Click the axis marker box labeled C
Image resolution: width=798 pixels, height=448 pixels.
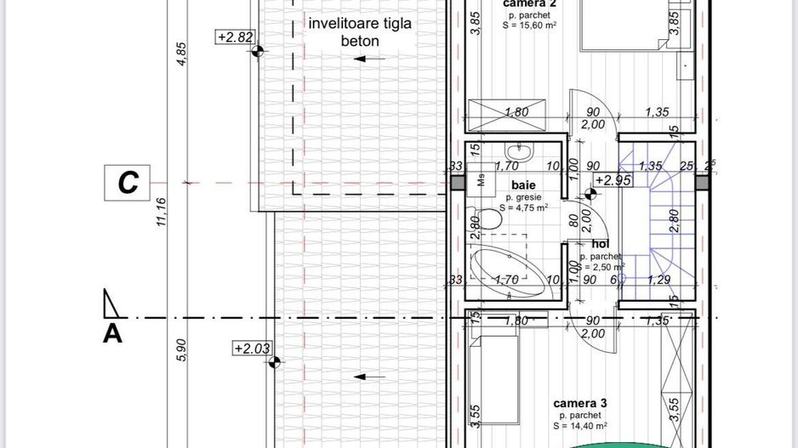[128, 183]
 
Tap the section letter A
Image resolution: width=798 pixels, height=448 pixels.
[112, 333]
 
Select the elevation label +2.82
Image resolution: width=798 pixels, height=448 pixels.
[236, 37]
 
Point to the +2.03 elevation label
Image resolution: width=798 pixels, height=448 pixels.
[253, 349]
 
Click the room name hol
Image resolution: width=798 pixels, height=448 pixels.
[601, 244]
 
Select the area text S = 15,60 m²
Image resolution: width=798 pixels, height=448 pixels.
[529, 26]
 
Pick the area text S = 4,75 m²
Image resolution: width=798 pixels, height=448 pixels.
[523, 207]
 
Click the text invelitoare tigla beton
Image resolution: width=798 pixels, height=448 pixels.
[361, 31]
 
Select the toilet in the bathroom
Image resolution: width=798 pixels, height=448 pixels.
[488, 219]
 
